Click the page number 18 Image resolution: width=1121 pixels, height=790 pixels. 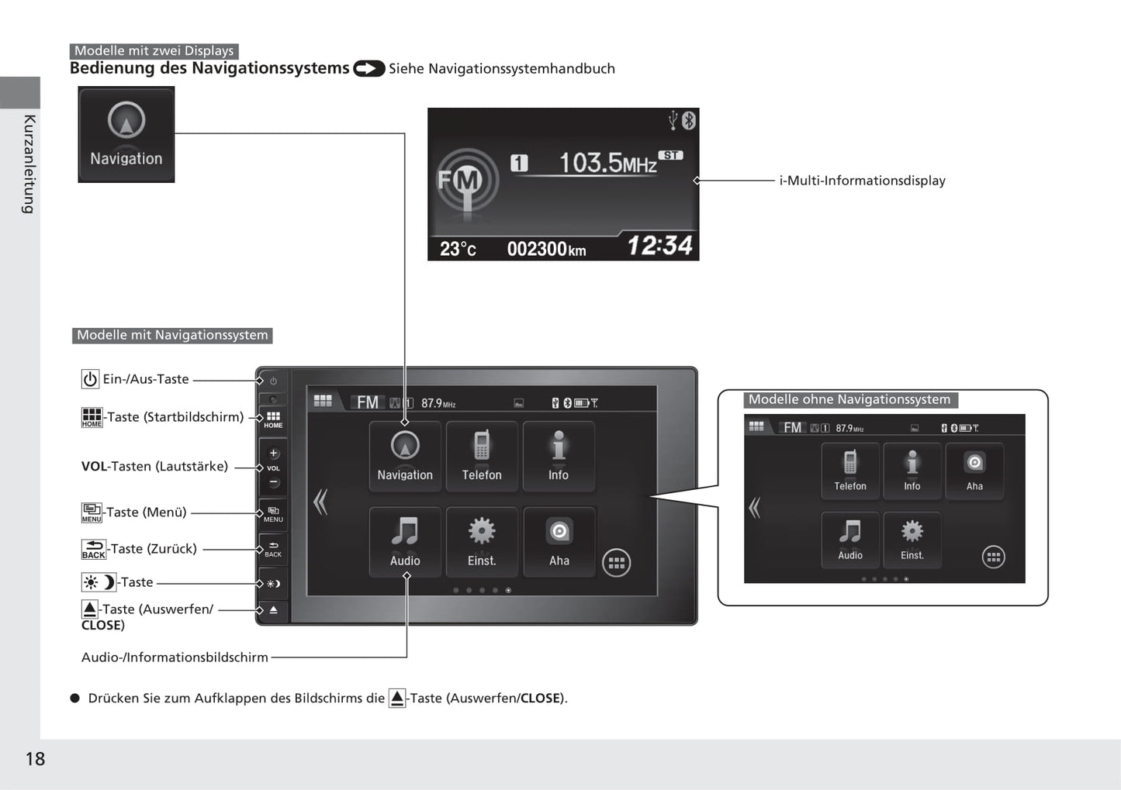point(35,759)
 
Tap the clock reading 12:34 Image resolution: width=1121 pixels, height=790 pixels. point(660,246)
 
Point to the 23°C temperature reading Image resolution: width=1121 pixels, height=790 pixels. point(458,249)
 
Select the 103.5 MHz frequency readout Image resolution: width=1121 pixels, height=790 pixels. point(607,163)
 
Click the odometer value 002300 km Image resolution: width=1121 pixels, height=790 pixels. point(546,249)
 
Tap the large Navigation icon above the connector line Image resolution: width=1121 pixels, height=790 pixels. point(126,134)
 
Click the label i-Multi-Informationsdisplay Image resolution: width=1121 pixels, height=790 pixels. point(862,181)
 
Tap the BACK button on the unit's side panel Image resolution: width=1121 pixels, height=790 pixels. point(273,550)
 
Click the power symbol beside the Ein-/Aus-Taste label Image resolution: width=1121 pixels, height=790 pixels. point(90,379)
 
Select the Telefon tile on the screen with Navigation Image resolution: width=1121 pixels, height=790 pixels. point(482,456)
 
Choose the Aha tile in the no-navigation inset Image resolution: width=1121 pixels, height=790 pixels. point(974,471)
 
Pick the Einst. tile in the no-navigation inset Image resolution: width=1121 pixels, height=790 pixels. point(912,540)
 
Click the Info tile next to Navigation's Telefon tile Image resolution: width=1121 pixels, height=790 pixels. point(559,456)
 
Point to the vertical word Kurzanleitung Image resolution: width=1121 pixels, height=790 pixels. point(29,164)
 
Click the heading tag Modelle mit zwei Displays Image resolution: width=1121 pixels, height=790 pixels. point(154,51)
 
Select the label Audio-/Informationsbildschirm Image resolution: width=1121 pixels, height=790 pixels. point(175,657)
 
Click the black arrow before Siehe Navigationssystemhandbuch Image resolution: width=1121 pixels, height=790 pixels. point(369,68)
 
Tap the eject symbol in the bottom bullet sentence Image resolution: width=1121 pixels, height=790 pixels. point(397,698)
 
